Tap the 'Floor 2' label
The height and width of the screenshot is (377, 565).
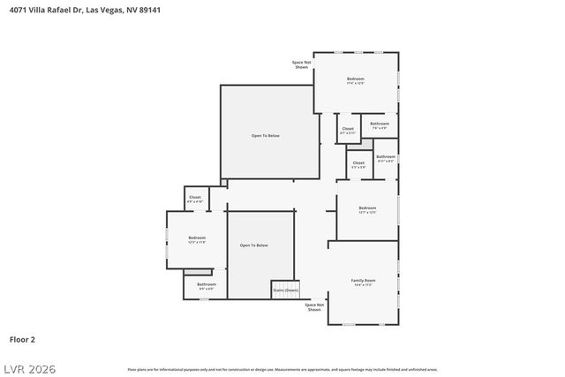tap(22, 338)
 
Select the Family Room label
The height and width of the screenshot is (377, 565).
tap(364, 281)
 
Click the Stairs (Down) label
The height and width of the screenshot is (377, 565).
tap(284, 290)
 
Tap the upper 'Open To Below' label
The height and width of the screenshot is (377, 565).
tap(265, 135)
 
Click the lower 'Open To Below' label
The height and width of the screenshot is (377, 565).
tap(253, 245)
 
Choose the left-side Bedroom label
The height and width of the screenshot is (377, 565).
tap(196, 238)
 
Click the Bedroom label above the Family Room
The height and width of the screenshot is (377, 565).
tap(367, 209)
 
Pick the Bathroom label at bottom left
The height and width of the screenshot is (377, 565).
tap(206, 285)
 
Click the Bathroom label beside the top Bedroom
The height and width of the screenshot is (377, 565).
tap(380, 125)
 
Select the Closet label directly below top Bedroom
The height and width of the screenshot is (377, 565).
tap(347, 131)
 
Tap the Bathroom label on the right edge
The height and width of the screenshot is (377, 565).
tap(386, 158)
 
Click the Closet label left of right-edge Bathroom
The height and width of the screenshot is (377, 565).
tap(358, 164)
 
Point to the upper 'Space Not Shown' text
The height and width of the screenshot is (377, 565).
tap(302, 64)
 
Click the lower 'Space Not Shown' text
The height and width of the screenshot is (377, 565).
tap(314, 307)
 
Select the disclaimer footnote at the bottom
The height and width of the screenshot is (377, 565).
tap(282, 369)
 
